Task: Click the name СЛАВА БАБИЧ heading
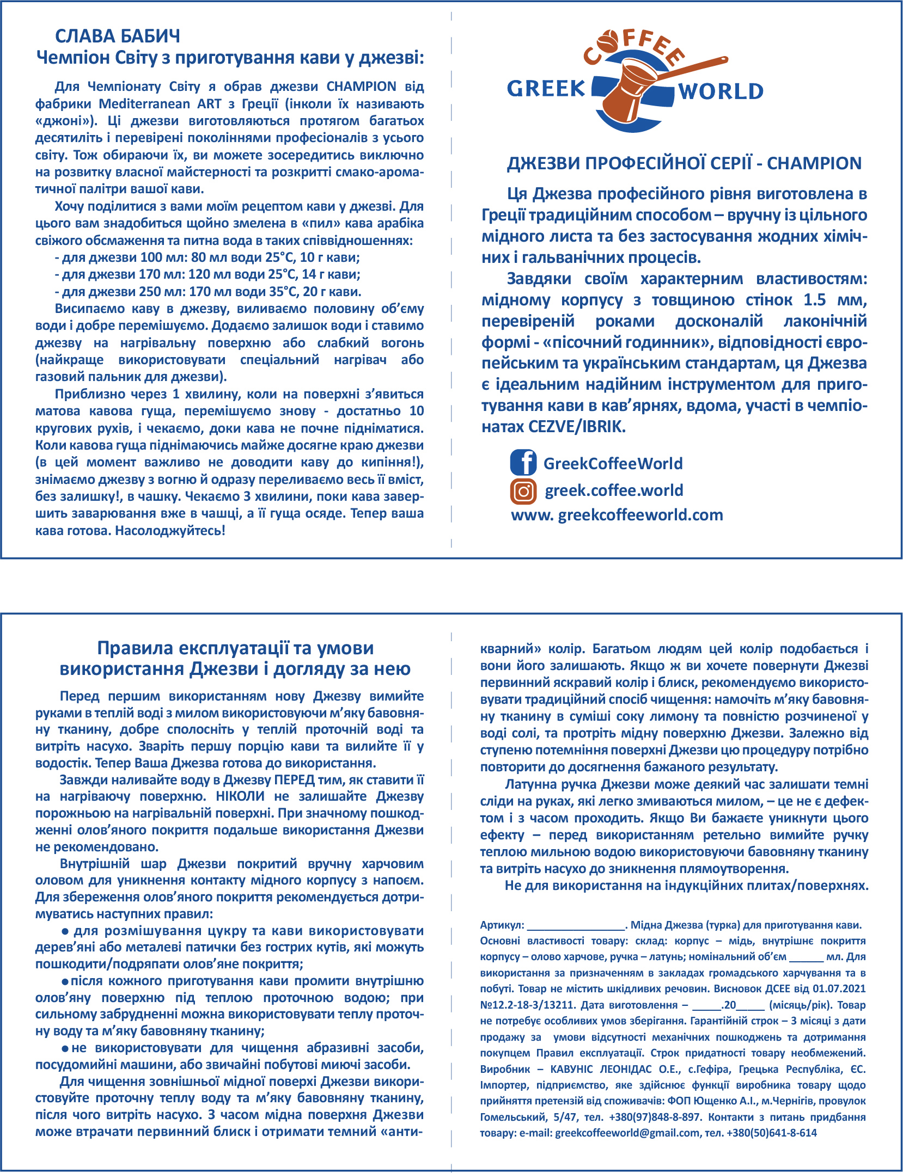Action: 118,36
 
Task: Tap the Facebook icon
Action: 523,463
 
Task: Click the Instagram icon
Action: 523,491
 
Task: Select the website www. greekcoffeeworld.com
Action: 617,515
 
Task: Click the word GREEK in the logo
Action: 546,89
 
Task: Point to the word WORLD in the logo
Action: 721,92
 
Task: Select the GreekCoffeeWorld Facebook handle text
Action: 613,464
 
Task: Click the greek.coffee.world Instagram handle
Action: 614,490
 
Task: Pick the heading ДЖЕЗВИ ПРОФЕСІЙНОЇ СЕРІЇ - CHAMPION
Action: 684,163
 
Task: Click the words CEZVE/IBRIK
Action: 577,427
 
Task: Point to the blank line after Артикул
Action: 575,925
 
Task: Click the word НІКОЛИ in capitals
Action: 240,796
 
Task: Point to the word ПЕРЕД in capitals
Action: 295,779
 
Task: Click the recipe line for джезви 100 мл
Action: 207,257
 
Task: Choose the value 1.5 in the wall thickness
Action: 814,300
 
